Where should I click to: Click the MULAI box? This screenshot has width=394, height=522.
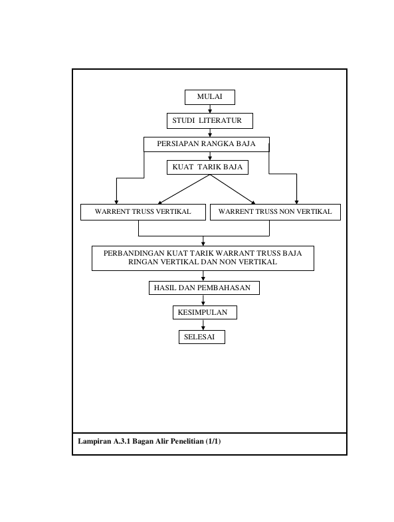pyautogui.click(x=210, y=97)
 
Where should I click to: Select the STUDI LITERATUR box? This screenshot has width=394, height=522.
pyautogui.click(x=210, y=121)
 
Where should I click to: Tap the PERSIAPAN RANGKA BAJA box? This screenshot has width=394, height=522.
pyautogui.click(x=207, y=145)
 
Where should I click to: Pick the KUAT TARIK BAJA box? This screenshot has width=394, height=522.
pyautogui.click(x=207, y=167)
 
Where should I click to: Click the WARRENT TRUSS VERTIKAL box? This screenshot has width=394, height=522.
pyautogui.click(x=144, y=212)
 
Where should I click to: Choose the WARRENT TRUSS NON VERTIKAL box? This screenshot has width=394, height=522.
pyautogui.click(x=276, y=212)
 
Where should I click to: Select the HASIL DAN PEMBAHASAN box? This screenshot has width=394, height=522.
pyautogui.click(x=204, y=288)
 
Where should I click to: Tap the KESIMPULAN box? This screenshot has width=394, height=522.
pyautogui.click(x=205, y=313)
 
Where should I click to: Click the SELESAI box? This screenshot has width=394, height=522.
pyautogui.click(x=202, y=337)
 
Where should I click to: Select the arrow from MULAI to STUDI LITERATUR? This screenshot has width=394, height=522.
pyautogui.click(x=210, y=109)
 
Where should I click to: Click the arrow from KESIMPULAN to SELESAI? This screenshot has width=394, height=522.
pyautogui.click(x=203, y=325)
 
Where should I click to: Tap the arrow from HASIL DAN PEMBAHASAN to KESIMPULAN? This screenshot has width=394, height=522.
pyautogui.click(x=203, y=300)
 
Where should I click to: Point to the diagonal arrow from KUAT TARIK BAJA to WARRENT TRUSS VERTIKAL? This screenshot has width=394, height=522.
pyautogui.click(x=183, y=189)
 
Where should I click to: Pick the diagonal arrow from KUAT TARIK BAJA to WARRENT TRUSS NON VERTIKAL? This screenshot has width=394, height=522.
pyautogui.click(x=233, y=189)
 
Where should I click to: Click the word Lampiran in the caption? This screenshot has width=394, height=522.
pyautogui.click(x=94, y=442)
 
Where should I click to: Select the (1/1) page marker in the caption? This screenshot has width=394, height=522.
pyautogui.click(x=213, y=442)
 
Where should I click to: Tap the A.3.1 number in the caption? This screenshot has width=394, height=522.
pyautogui.click(x=122, y=442)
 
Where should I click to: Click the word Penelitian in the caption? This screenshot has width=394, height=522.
pyautogui.click(x=187, y=442)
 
